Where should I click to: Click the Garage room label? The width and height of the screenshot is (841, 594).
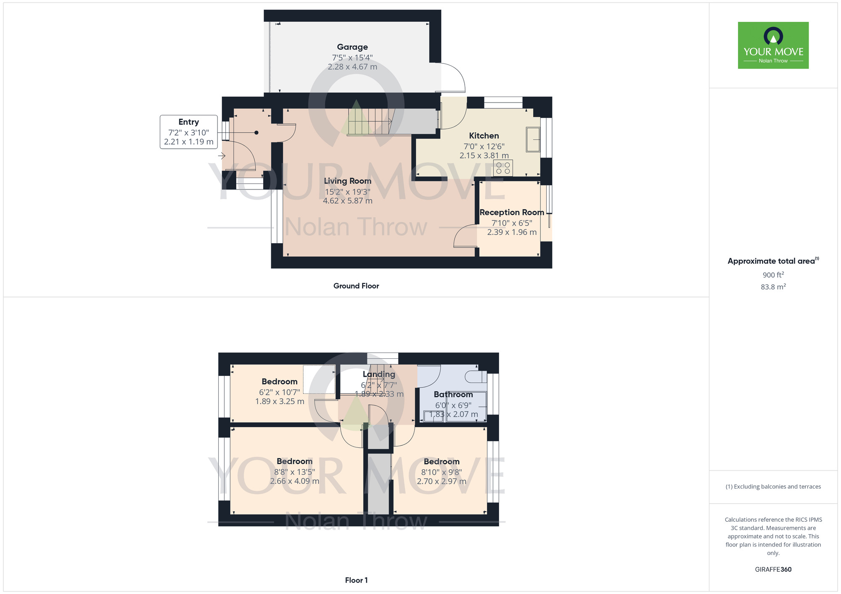click(x=352, y=47)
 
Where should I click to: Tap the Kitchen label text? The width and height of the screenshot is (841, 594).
click(x=484, y=136)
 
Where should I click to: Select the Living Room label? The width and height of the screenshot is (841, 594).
click(x=347, y=181)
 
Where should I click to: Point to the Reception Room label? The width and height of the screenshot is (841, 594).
click(x=512, y=212)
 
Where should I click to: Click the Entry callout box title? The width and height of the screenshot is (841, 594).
click(x=188, y=122)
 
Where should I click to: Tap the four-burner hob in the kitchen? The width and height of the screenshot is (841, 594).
click(x=503, y=168)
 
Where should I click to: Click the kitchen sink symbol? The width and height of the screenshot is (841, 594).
click(x=533, y=139)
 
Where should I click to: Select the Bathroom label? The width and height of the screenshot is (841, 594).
click(x=453, y=394)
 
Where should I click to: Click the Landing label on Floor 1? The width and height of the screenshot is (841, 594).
click(x=379, y=374)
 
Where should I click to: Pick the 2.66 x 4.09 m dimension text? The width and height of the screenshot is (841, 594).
click(x=294, y=481)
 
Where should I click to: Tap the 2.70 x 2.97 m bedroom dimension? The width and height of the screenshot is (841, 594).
click(x=442, y=481)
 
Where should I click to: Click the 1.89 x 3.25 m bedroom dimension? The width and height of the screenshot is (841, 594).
click(x=280, y=401)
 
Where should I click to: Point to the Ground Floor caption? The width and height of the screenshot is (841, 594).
click(x=356, y=286)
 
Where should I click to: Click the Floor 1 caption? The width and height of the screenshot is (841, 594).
click(x=356, y=580)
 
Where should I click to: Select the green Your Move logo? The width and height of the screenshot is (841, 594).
click(x=773, y=45)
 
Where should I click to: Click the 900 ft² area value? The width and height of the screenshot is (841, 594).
click(x=773, y=275)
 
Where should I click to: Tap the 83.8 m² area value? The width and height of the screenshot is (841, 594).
click(x=773, y=287)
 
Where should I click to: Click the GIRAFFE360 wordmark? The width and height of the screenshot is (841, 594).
click(x=773, y=570)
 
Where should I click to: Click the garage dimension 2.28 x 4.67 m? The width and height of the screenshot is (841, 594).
click(x=352, y=67)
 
